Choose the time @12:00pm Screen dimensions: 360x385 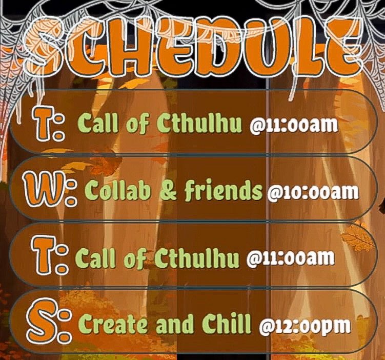coord(305,326)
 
